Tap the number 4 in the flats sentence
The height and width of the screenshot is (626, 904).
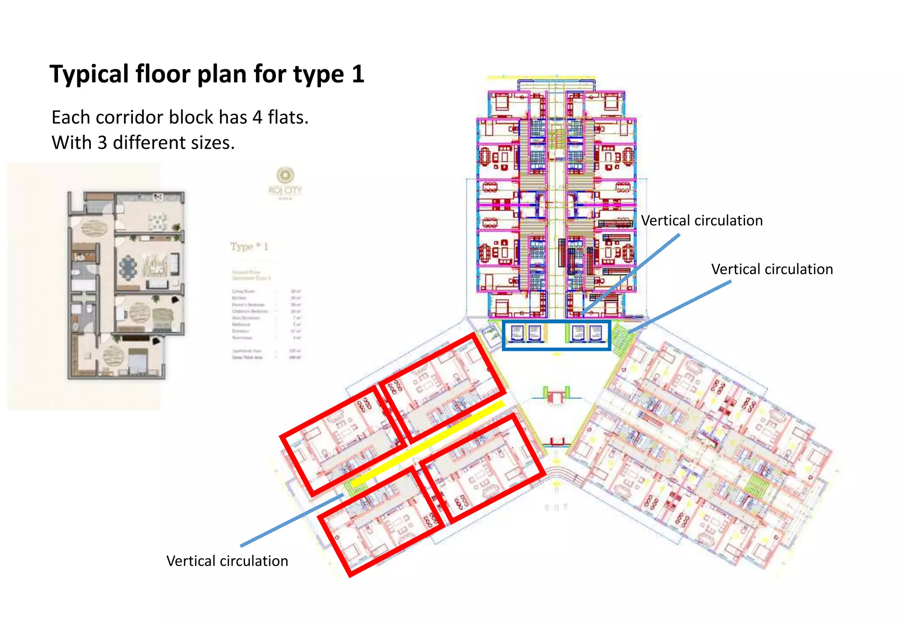pyautogui.click(x=257, y=117)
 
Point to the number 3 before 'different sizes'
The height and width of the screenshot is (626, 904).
pyautogui.click(x=102, y=143)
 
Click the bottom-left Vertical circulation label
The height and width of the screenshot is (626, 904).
pyautogui.click(x=227, y=561)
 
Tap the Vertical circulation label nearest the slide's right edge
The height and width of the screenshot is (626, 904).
pyautogui.click(x=772, y=269)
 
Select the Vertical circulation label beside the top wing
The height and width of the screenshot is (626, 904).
pyautogui.click(x=701, y=221)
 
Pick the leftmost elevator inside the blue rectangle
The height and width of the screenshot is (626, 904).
pyautogui.click(x=517, y=334)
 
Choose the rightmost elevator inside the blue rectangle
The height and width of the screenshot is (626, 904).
pyautogui.click(x=595, y=334)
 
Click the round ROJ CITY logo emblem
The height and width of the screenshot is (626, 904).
pyautogui.click(x=285, y=175)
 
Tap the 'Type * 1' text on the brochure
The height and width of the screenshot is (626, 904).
pyautogui.click(x=249, y=246)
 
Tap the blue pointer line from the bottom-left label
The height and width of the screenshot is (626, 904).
pyautogui.click(x=291, y=521)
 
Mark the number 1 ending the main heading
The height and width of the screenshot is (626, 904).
pyautogui.click(x=358, y=74)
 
